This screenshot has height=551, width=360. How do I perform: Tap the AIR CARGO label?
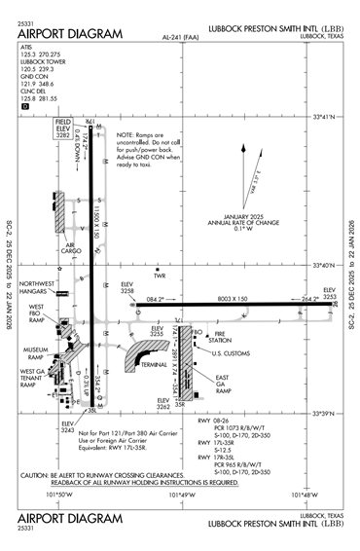click(x=70, y=249)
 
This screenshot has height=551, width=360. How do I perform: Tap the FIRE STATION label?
click(x=219, y=337)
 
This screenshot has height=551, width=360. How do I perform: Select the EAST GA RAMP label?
click(x=222, y=383)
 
